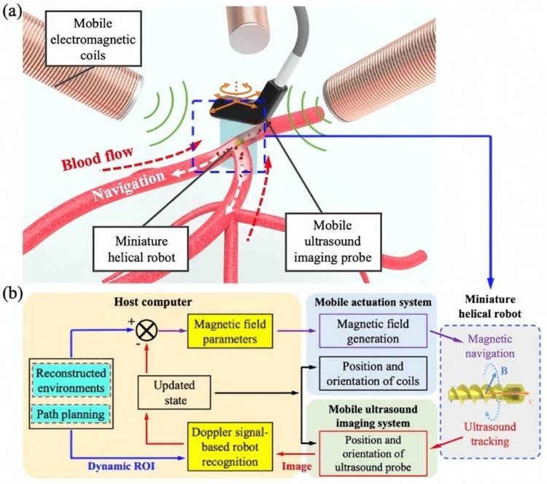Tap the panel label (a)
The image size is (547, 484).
pos(17,13)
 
